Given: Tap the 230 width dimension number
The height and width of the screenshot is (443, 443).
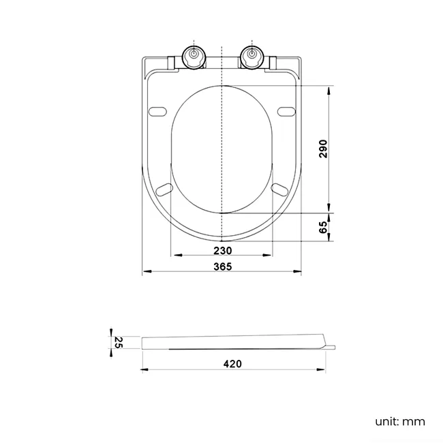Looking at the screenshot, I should (x=222, y=249).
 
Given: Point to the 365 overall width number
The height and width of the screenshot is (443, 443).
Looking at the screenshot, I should (x=222, y=266).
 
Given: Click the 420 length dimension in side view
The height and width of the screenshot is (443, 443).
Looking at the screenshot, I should (x=232, y=364).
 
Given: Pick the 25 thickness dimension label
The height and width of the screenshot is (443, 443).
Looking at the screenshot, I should (x=118, y=341).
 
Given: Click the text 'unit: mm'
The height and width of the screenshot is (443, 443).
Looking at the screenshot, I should (x=400, y=421).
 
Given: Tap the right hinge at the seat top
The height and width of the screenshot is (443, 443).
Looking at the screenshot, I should (x=251, y=57).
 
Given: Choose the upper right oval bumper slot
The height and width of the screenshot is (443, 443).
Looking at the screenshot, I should (x=287, y=111).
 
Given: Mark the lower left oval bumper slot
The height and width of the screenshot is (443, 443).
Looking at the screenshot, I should (x=164, y=187).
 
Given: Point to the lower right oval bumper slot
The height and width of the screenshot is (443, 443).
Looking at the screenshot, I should (x=280, y=187).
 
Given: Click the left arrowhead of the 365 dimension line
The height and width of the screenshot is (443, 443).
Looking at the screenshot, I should (x=146, y=272).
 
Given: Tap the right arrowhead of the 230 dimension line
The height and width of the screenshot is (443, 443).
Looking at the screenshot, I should (x=270, y=256).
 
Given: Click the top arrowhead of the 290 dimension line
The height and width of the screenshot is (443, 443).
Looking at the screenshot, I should (x=329, y=89).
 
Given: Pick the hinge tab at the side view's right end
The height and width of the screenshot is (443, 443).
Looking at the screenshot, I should (x=330, y=348).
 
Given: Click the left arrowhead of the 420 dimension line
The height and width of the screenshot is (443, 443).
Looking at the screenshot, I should (x=146, y=370).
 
